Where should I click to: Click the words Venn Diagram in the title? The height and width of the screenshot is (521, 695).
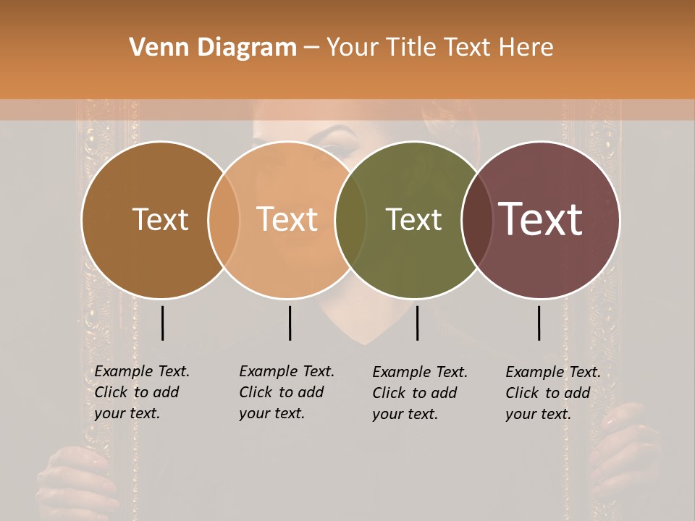[x=212, y=48]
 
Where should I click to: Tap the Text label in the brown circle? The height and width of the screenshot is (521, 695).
[x=160, y=219]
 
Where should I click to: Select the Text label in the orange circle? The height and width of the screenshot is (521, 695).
[x=287, y=219]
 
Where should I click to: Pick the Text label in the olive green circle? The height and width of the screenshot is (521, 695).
[x=413, y=219]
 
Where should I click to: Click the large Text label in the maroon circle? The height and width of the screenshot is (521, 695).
[x=540, y=219]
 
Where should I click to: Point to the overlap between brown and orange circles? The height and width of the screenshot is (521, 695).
[x=224, y=220]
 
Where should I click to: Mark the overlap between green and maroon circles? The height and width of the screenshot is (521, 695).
[x=476, y=220]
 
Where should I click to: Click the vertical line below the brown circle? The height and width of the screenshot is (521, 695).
[x=162, y=323]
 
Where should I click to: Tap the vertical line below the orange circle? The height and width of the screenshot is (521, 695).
[x=290, y=323]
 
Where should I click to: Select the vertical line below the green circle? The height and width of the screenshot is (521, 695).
[x=417, y=323]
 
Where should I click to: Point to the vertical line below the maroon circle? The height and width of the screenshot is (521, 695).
[x=539, y=323]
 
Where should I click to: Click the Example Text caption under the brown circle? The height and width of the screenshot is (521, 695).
[x=141, y=392]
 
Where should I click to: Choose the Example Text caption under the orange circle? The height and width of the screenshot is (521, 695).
[x=286, y=392]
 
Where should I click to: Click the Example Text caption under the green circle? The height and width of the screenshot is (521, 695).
[x=419, y=393]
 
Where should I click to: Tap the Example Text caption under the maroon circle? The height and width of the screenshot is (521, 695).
[x=552, y=393]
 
